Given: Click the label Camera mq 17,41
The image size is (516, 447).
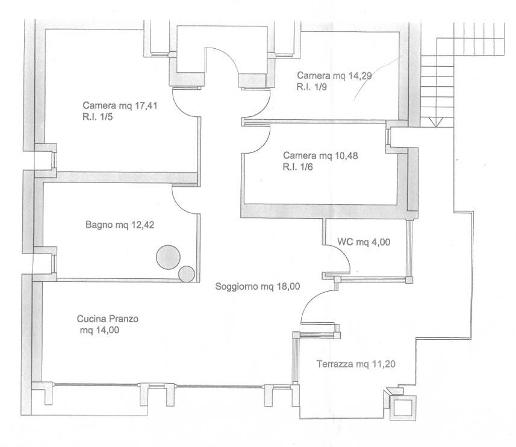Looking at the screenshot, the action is pos(120,105).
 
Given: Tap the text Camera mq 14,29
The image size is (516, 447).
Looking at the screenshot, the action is pos(334,76).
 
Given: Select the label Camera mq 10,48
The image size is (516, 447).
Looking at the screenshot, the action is pos(320,155).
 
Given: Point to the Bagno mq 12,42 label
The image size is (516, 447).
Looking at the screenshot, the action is pos(120,225).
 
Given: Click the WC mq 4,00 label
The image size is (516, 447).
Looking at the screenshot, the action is pos(364,242).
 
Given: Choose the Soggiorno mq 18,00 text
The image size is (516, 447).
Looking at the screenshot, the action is pos(258,286).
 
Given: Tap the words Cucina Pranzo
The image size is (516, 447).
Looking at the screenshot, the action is pos(108,319).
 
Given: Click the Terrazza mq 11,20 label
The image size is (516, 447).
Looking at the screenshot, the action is pos(356,364).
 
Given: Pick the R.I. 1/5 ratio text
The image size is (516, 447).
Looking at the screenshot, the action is pos(98,117).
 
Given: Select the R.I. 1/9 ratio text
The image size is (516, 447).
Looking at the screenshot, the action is pos(312,87).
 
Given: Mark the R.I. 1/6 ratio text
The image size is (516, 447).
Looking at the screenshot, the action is pos(298,167).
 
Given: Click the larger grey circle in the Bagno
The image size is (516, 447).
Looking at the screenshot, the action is pos(168,257).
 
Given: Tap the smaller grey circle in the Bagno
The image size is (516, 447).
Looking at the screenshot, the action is pos(186,274).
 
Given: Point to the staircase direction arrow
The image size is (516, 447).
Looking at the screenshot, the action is pos(436,122).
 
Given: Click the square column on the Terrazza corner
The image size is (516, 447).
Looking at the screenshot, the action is pos(402,407).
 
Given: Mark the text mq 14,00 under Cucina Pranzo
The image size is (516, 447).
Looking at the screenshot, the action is pos(99,330).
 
